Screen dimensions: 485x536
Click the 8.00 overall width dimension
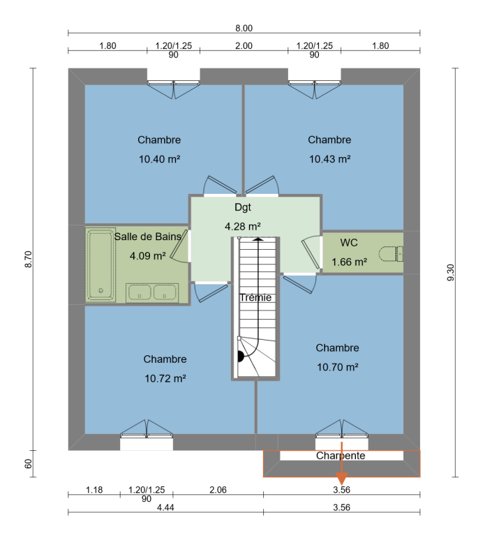click(244, 28)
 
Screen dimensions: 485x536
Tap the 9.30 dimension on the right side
click(451, 272)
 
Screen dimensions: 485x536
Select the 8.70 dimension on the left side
click(29, 259)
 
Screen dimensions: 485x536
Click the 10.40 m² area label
click(159, 159)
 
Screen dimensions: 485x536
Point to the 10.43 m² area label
click(330, 159)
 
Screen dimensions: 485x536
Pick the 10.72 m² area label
click(165, 379)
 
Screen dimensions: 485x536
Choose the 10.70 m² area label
click(337, 368)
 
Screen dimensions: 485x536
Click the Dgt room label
click(243, 207)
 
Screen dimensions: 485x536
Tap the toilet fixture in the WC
click(391, 254)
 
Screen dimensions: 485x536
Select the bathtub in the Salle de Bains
click(100, 265)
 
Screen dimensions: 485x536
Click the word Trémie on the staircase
click(255, 297)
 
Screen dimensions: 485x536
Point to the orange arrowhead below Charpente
click(341, 479)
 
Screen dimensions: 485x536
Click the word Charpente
click(341, 456)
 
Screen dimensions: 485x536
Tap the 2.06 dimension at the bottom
click(218, 490)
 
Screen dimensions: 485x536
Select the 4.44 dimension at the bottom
click(165, 507)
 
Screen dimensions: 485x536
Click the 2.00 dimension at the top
click(244, 46)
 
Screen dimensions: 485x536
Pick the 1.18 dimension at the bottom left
click(94, 490)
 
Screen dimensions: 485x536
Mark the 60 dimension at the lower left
click(29, 464)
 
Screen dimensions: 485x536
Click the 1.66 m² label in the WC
click(350, 262)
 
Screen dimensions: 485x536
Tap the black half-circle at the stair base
click(241, 356)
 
